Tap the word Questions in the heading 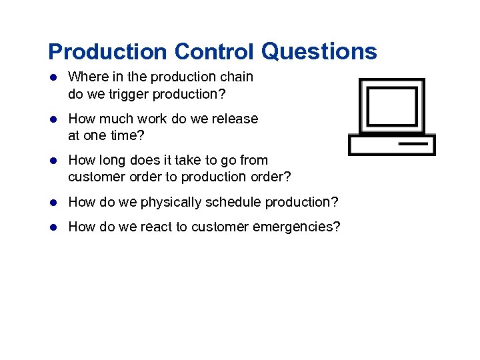(319, 51)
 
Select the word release (236, 119)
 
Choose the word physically (171, 202)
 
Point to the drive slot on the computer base (413, 143)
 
